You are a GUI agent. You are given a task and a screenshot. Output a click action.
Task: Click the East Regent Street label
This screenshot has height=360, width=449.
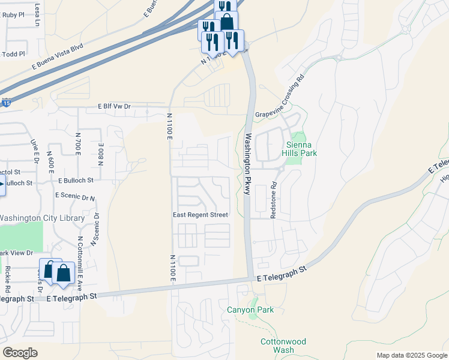[200, 215]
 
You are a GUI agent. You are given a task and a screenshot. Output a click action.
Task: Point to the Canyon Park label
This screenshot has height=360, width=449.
[250, 310]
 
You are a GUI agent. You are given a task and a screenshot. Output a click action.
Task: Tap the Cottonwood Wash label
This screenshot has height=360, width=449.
[283, 346]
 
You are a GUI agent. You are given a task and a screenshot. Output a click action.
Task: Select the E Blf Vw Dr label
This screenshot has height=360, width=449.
[114, 106]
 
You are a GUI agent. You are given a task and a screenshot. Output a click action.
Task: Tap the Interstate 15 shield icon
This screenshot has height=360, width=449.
[6, 103]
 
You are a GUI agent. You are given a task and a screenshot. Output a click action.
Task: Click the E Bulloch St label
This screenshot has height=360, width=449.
[76, 180]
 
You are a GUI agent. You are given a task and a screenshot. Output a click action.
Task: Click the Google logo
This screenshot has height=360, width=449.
[20, 353]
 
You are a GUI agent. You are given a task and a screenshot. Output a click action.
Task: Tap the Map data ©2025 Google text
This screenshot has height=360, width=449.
[412, 355]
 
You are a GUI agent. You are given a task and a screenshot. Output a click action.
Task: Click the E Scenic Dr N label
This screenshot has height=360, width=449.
[75, 196]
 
